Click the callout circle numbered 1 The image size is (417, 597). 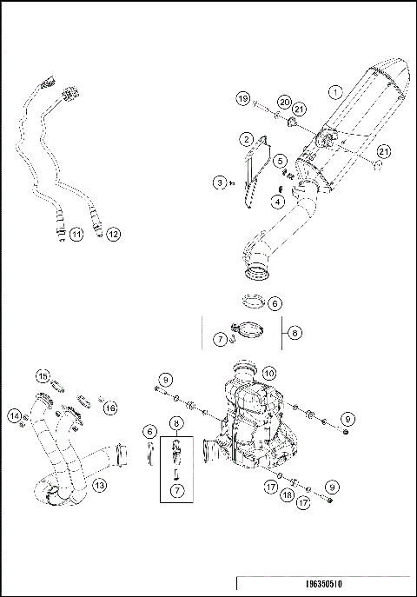pyautogui.click(x=335, y=91)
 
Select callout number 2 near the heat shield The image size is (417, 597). pyautogui.click(x=248, y=139)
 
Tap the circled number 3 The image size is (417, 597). pyautogui.click(x=222, y=182)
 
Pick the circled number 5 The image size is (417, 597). pyautogui.click(x=279, y=161)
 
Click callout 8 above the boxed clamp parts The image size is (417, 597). pyautogui.click(x=176, y=426)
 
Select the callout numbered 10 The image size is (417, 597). pyautogui.click(x=268, y=372)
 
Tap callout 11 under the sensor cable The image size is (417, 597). pyautogui.click(x=76, y=233)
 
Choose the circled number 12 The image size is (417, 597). pyautogui.click(x=113, y=234)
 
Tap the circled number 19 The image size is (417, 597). pyautogui.click(x=242, y=100)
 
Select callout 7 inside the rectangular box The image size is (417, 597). pyautogui.click(x=176, y=492)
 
